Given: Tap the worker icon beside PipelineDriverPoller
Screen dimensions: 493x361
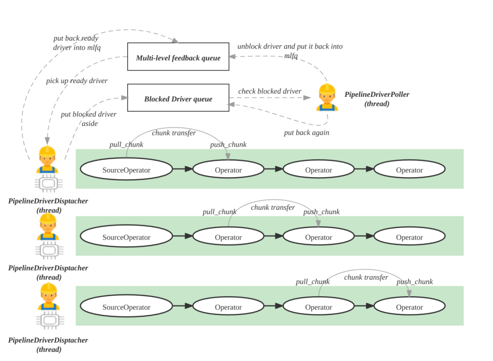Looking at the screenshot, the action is point(327,98).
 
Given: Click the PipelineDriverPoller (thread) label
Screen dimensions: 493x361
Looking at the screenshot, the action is point(377,99).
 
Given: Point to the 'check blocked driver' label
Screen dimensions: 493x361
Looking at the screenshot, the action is point(269,91).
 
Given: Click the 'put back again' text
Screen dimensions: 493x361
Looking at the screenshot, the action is point(307,133).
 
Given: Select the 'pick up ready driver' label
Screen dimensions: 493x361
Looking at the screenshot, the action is point(77,81).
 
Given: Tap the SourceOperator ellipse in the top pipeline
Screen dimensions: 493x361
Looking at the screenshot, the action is point(126,169).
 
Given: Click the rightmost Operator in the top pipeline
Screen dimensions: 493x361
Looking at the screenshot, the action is point(409,169).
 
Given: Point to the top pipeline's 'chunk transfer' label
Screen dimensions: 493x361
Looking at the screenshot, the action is point(174,133).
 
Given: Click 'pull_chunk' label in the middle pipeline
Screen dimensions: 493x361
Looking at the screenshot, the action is point(220,212).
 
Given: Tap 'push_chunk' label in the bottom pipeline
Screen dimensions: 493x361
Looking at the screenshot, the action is point(414,282).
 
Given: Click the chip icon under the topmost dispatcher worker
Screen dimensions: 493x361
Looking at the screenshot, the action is point(48,183).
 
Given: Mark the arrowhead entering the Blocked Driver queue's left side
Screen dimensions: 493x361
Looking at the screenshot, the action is point(125,98).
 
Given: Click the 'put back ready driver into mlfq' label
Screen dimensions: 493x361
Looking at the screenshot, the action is point(77,43).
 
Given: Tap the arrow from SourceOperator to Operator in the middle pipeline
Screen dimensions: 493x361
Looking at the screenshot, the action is point(183,236).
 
